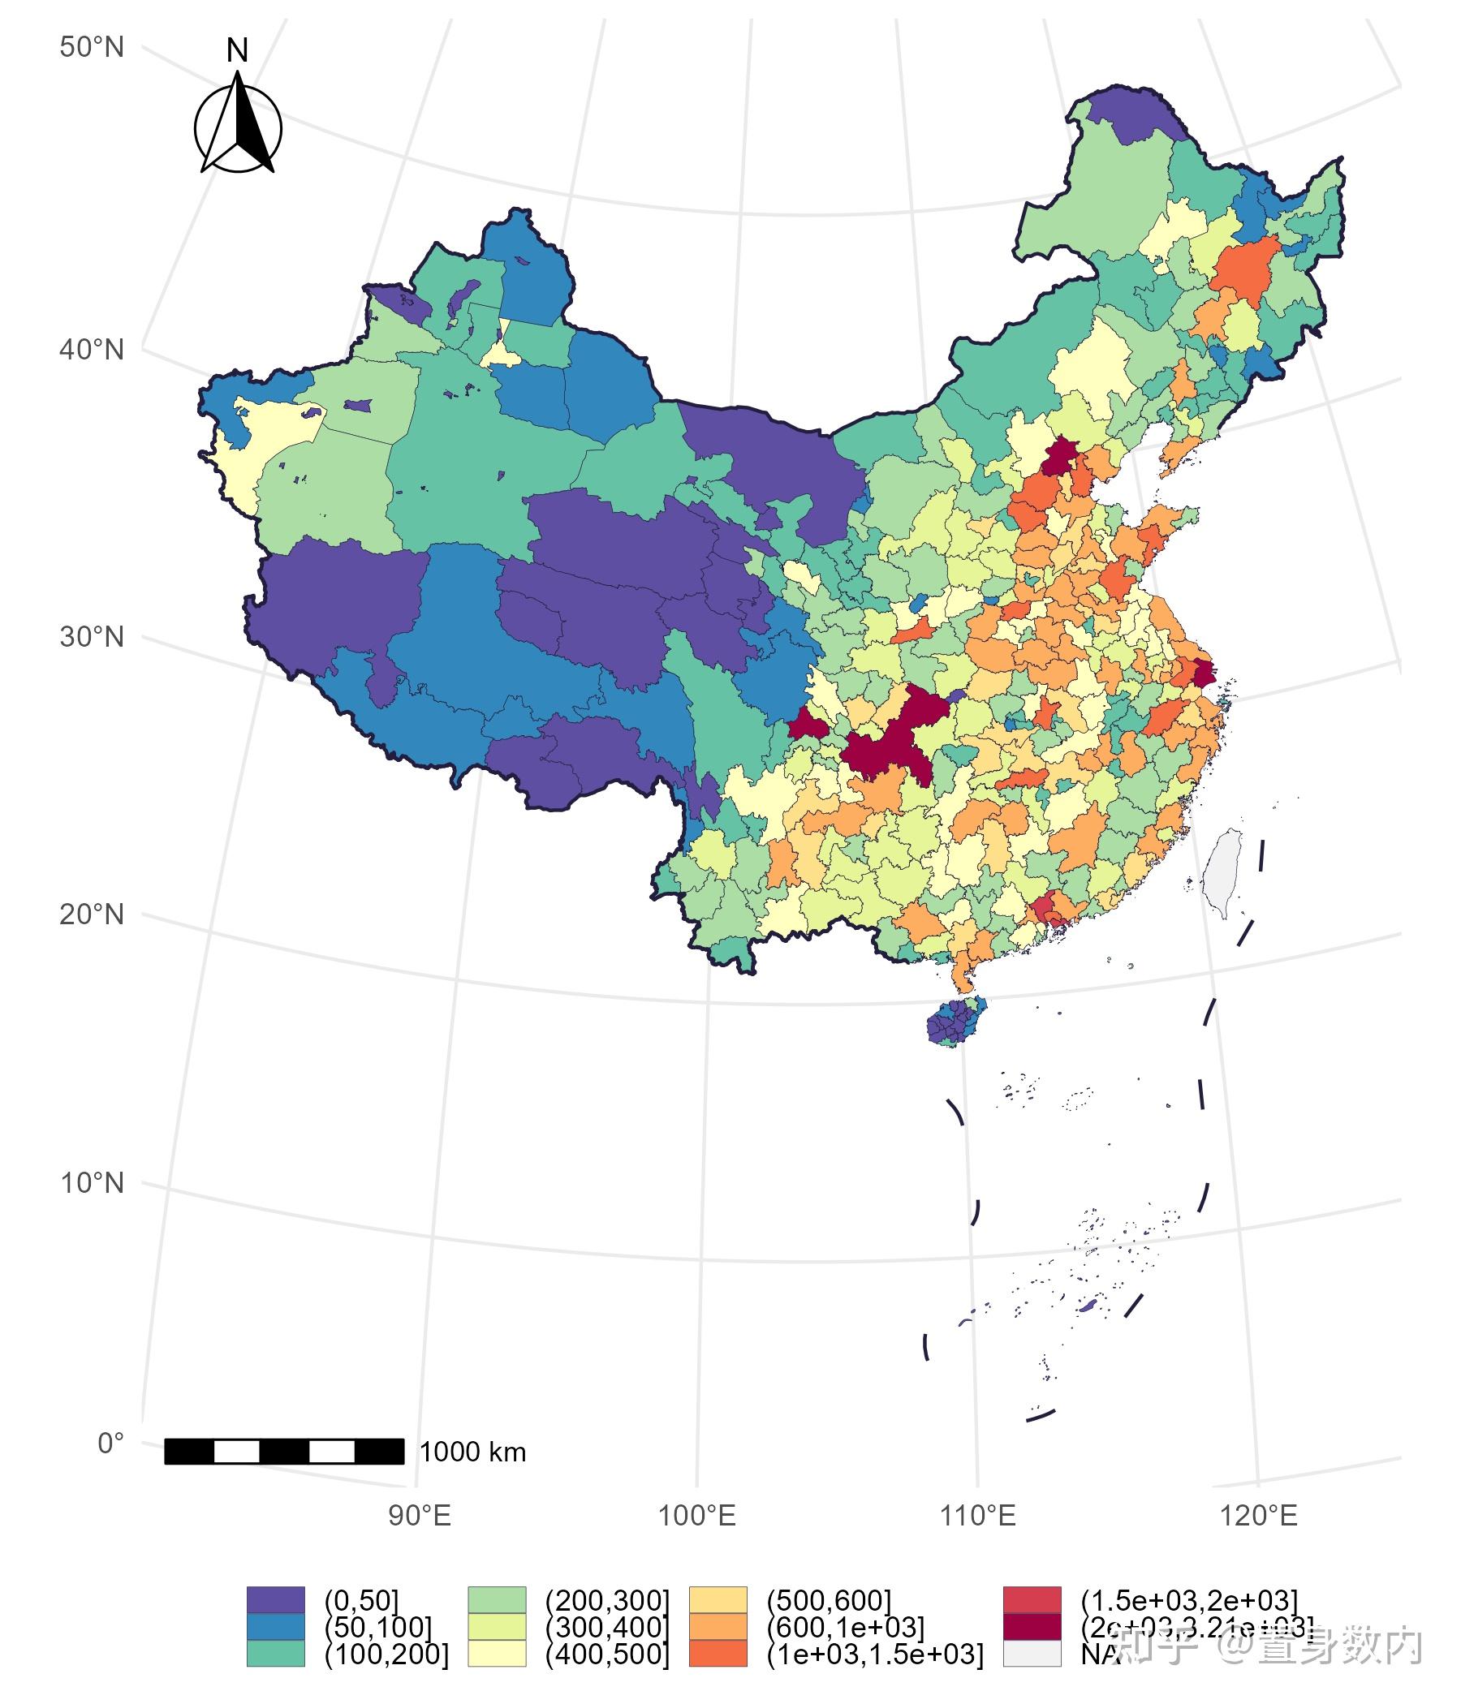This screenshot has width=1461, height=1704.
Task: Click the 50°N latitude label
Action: (91, 48)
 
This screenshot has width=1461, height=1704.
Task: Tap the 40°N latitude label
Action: (91, 351)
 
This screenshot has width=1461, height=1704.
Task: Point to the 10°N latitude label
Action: (91, 1183)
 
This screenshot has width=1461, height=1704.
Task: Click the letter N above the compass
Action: (237, 51)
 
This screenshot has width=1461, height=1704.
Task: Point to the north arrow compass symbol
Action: (238, 127)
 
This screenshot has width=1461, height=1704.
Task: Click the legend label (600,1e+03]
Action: (845, 1627)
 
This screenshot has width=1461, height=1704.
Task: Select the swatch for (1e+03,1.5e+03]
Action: (718, 1653)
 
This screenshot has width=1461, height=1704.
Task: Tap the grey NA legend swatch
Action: (1032, 1653)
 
